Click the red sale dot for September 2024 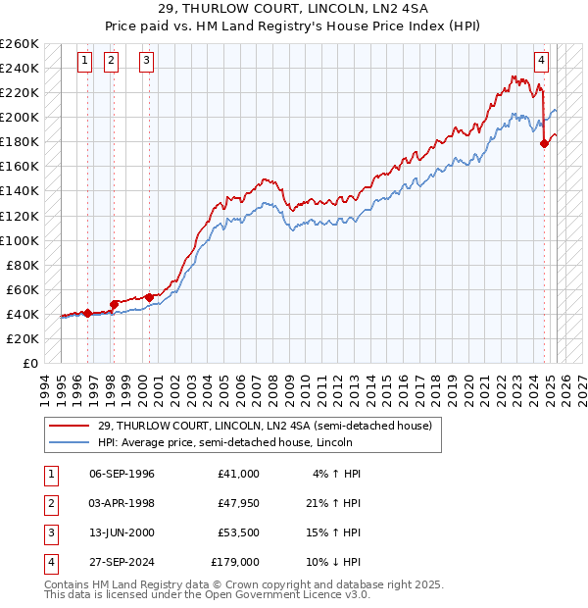pos(545,143)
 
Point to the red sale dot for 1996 pos(87,313)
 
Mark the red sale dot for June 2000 pos(150,297)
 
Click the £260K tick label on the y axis pos(20,44)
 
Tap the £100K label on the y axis pos(20,240)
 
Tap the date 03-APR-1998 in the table pos(122,503)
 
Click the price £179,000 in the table pos(235,562)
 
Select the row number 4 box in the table pos(49,562)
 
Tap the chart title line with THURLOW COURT pos(294,11)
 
